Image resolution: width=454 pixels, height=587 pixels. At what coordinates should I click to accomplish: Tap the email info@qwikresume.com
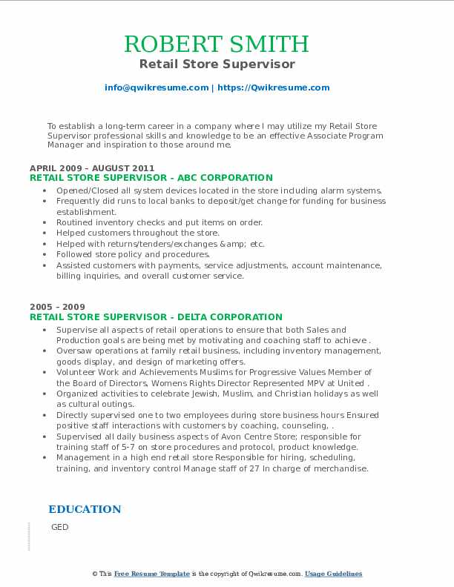coord(157,87)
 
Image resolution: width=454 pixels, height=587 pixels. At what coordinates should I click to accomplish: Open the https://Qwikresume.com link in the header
coord(273,87)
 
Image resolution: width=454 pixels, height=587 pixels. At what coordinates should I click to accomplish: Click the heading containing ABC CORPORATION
coord(151,178)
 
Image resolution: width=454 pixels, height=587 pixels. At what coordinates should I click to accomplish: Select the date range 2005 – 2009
coord(58,307)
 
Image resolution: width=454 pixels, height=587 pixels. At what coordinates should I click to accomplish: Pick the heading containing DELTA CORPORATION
coord(156,316)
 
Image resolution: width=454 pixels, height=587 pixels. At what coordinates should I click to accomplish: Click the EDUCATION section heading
coord(85,509)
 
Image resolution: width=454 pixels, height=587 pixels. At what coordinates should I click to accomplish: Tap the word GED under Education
coord(60,527)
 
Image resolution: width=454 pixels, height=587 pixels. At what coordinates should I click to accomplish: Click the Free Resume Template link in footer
coord(152,574)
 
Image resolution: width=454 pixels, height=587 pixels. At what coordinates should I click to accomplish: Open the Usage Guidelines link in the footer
coord(334,574)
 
